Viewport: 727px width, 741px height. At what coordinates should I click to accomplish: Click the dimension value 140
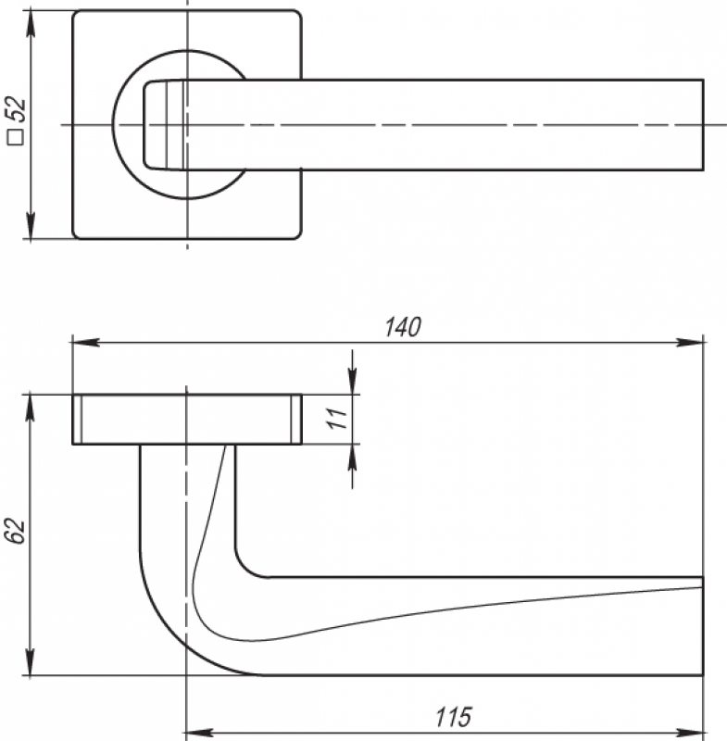point(403,327)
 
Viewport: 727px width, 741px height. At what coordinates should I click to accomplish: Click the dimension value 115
point(454,717)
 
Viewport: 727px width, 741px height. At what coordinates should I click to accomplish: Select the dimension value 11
point(338,419)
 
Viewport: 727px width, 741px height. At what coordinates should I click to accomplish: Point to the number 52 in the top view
point(16,109)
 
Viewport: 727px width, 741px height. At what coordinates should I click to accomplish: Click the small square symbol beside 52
point(16,137)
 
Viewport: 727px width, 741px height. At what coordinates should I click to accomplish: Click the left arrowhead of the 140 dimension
point(85,342)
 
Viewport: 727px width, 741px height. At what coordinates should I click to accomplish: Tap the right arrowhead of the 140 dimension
point(690,342)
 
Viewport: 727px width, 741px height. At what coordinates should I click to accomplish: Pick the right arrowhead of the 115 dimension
point(690,734)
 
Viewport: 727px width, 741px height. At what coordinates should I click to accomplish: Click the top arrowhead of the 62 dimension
point(31,408)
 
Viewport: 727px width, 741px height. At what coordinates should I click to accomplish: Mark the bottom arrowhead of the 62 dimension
point(31,661)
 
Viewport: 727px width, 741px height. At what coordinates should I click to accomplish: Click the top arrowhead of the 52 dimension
point(31,24)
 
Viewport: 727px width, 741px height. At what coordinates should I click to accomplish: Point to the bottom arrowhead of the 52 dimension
point(31,225)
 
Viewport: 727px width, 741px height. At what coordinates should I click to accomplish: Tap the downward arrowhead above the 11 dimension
point(353,381)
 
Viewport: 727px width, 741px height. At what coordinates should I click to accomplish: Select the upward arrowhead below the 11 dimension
point(353,458)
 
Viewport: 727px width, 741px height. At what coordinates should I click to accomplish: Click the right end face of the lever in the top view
point(703,125)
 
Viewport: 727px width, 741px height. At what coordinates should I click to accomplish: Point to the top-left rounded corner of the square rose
point(76,13)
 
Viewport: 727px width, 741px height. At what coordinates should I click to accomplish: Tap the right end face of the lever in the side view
point(703,626)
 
